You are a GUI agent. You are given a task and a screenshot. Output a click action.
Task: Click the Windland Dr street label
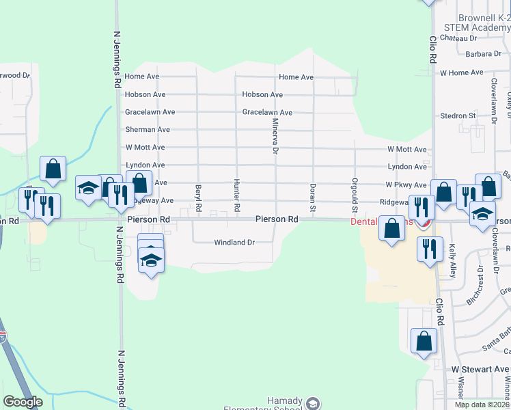(234, 243)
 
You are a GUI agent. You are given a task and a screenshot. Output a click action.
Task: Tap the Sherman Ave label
(148, 130)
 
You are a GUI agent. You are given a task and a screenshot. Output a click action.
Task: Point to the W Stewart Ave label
(480, 369)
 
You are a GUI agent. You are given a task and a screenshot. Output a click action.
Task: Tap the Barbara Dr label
(483, 54)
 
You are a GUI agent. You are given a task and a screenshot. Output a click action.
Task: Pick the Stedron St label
(458, 116)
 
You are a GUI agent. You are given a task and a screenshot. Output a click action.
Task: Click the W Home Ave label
(462, 72)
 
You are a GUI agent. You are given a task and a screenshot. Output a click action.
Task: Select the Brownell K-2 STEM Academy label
(477, 23)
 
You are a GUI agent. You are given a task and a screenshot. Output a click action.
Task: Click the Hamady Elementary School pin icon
(313, 403)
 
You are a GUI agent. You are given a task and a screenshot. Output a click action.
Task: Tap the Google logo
(23, 402)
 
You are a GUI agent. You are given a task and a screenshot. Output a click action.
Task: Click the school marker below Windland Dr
(151, 260)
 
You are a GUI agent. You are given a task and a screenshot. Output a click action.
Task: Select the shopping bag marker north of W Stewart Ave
(424, 340)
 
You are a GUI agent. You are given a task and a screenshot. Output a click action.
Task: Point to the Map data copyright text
(482, 405)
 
